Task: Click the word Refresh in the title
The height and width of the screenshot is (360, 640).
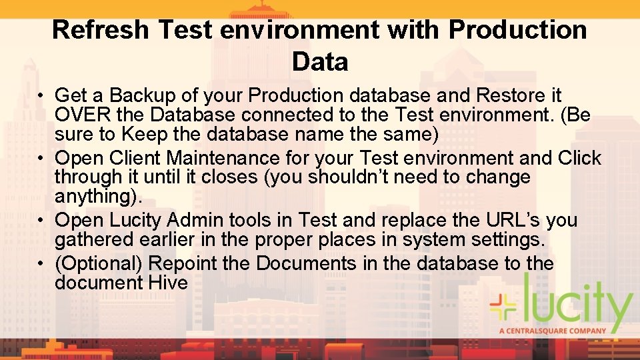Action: click(x=101, y=30)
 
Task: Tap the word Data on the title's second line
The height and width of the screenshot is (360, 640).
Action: click(x=320, y=62)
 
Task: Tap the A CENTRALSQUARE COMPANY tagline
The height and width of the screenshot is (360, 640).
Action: click(x=553, y=331)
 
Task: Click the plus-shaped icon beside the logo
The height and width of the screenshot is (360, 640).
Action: click(x=505, y=307)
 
